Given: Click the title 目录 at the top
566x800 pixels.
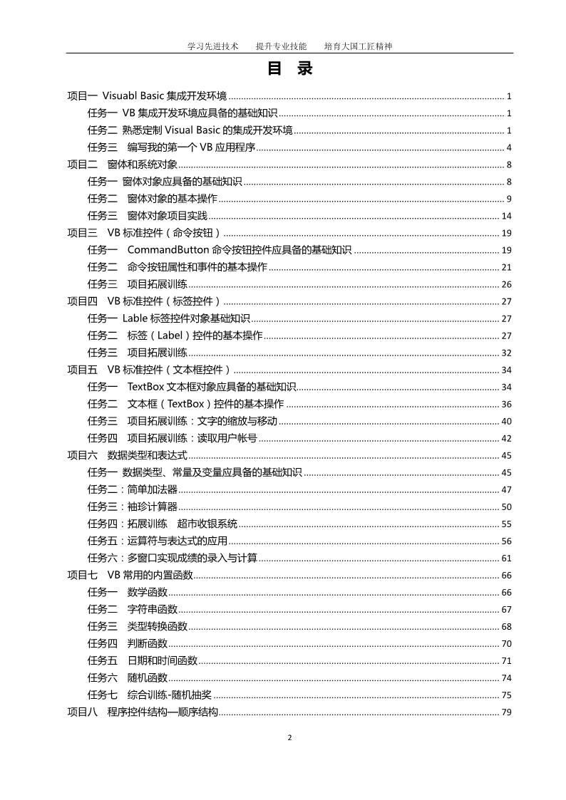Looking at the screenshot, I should (x=289, y=69).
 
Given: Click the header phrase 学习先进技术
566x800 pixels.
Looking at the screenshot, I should (x=212, y=46).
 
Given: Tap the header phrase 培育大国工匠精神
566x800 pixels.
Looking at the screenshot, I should (x=358, y=46).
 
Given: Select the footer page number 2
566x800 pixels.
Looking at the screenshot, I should (x=289, y=737).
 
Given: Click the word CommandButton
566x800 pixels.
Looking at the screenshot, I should (x=169, y=250).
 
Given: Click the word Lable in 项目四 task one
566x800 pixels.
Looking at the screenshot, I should (x=135, y=318).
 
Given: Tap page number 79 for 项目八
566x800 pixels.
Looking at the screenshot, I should (x=507, y=712).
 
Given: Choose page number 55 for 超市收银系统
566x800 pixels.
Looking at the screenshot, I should (x=507, y=524).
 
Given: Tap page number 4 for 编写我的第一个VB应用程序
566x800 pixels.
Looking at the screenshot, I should (x=509, y=147).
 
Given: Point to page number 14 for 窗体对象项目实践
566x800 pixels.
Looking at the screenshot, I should (x=507, y=216).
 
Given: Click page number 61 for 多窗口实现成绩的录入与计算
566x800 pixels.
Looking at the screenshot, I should (x=507, y=559).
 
